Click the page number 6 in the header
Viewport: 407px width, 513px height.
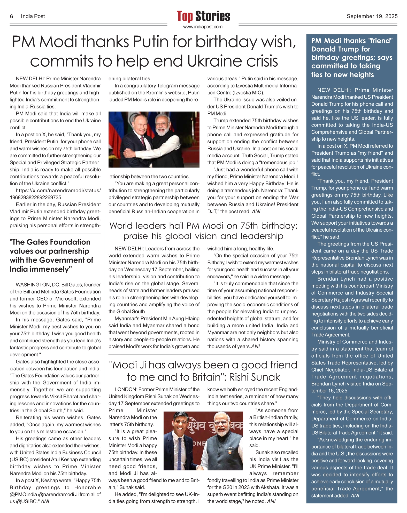[x=11, y=17]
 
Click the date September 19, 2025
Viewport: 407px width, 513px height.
[x=372, y=17]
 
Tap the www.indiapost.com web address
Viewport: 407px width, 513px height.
[x=203, y=27]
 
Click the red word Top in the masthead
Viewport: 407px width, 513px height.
[x=185, y=16]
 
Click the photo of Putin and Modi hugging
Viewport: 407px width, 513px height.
[x=154, y=139]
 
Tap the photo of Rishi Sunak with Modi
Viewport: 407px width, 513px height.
[x=203, y=441]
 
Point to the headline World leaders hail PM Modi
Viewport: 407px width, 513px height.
[x=203, y=231]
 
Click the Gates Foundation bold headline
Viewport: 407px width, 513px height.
[x=51, y=255]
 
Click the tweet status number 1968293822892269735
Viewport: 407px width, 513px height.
[x=35, y=198]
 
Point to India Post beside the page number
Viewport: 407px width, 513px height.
[x=33, y=17]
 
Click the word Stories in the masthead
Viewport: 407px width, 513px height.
[x=213, y=16]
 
